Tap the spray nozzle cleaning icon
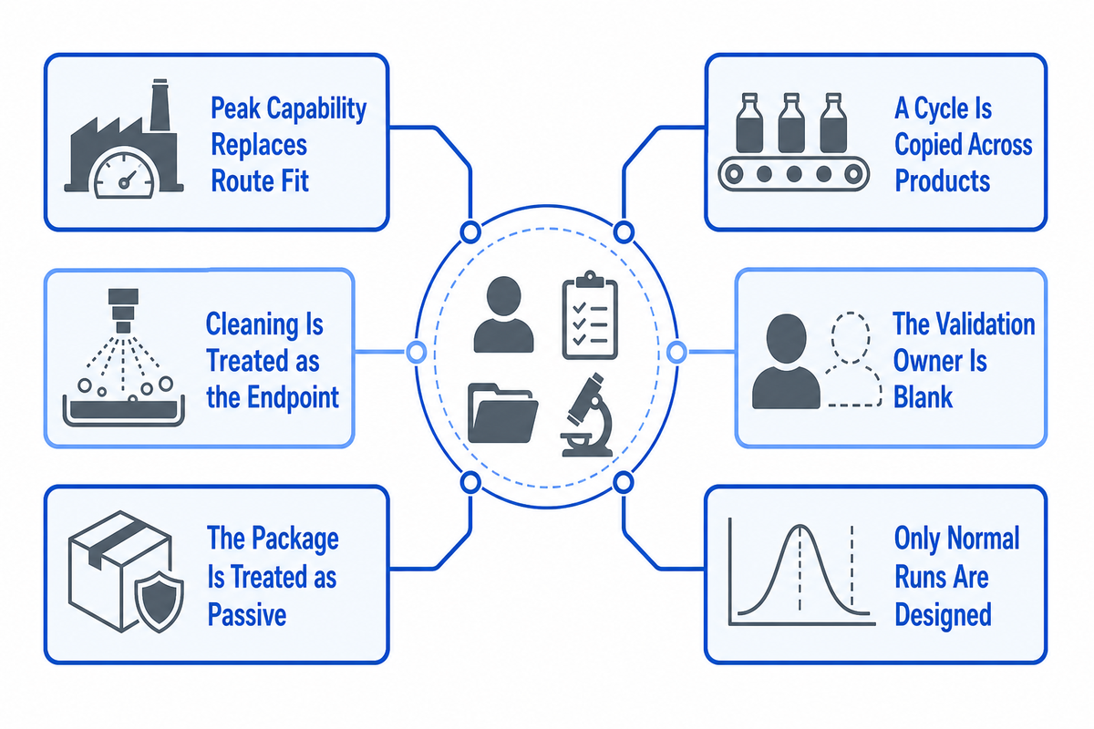[124, 357]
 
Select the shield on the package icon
[160, 604]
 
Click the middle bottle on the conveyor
[791, 123]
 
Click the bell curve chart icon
[801, 571]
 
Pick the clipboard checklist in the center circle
[590, 315]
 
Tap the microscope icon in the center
[586, 415]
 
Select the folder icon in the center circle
[502, 413]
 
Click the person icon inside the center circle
[503, 314]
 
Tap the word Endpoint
[293, 397]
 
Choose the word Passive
[247, 614]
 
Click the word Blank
[923, 396]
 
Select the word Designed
[943, 615]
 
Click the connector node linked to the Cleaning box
[416, 352]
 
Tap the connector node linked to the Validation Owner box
[676, 352]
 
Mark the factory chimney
[160, 104]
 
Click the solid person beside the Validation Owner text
[786, 361]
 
